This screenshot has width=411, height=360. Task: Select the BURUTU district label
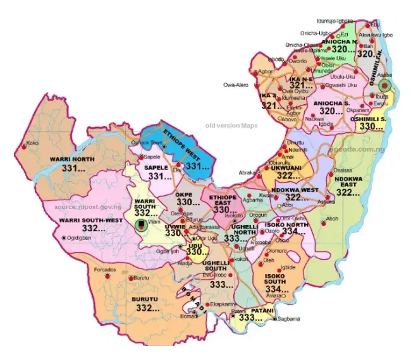(x=146, y=299)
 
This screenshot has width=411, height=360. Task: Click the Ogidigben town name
(x=79, y=238)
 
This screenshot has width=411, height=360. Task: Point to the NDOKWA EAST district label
(x=348, y=181)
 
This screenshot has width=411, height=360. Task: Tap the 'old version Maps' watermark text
(x=231, y=126)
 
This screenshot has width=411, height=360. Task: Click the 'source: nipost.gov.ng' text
(x=88, y=207)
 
